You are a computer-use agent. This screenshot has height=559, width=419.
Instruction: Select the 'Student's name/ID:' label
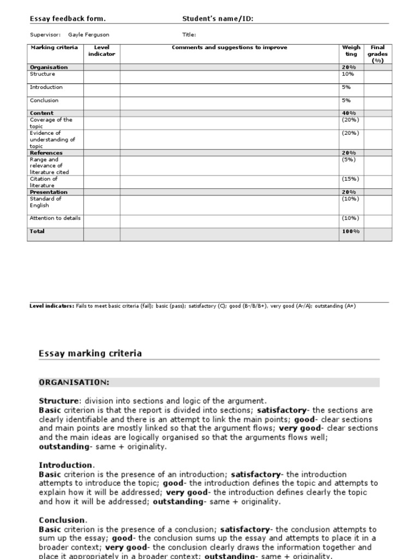tap(218, 19)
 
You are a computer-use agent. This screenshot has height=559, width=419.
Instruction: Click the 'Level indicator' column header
tap(101, 51)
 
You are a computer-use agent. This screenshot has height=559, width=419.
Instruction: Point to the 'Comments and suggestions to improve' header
tap(229, 47)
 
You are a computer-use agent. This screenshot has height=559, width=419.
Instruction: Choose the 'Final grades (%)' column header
tap(378, 54)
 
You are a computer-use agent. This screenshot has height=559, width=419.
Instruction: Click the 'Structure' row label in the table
tap(43, 74)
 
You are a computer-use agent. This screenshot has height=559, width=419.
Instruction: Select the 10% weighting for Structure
tap(348, 74)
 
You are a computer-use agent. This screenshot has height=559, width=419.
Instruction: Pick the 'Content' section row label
tap(41, 113)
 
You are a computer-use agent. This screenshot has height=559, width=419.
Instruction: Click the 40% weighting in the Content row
tap(348, 113)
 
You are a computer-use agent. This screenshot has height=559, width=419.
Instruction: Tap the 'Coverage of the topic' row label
tap(51, 123)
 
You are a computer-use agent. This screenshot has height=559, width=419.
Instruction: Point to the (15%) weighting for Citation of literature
tap(350, 179)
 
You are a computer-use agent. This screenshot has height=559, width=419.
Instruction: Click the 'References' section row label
tap(46, 153)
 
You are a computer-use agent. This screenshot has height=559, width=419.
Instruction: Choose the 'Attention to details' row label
tap(55, 218)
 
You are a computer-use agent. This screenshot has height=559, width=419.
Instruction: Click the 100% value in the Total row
tap(350, 231)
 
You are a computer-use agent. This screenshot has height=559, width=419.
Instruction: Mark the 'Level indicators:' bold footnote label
tap(52, 306)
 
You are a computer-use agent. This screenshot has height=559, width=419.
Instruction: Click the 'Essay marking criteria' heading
tap(90, 353)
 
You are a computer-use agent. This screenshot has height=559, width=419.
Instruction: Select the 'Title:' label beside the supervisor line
tap(189, 34)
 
